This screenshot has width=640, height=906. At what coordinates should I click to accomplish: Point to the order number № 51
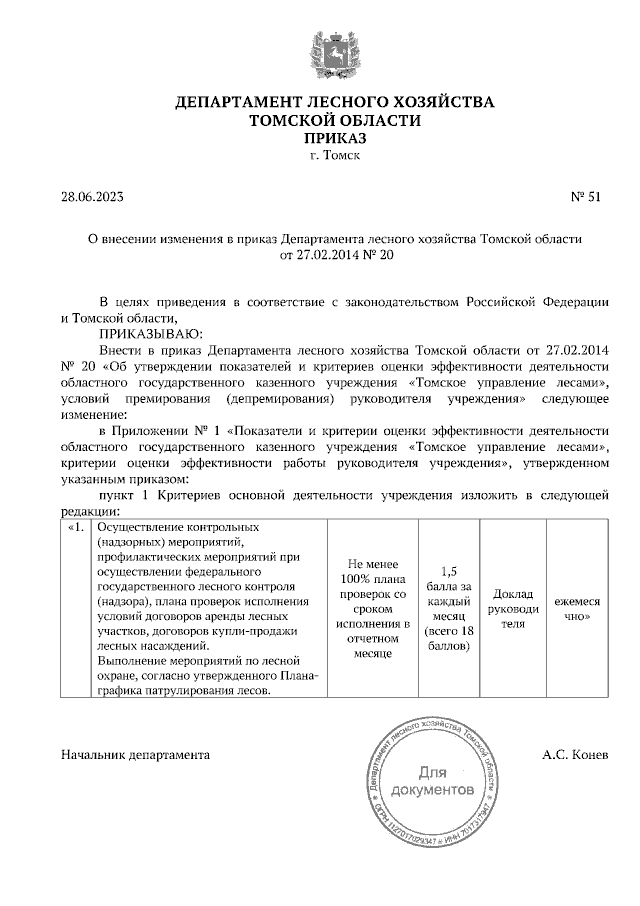pyautogui.click(x=585, y=197)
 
